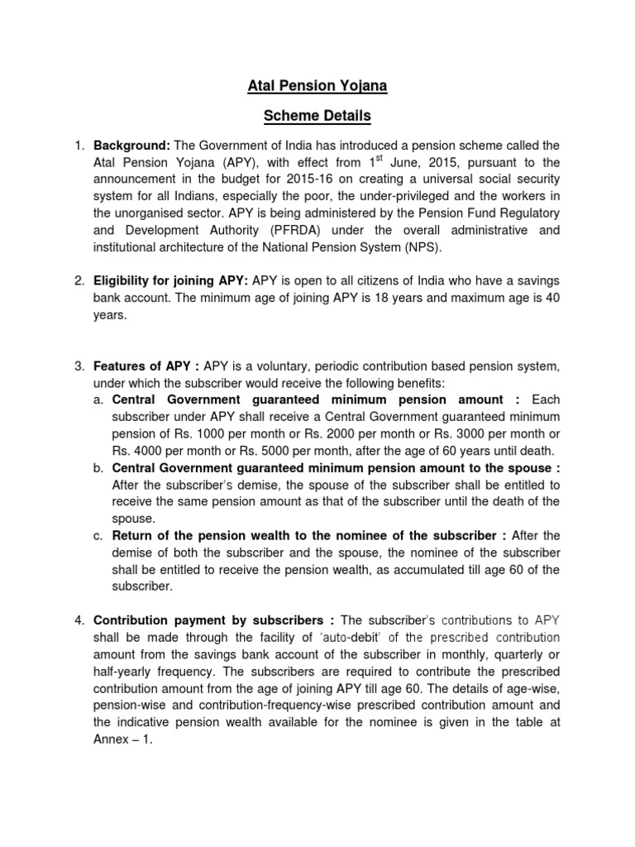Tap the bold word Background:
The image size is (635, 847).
click(x=131, y=146)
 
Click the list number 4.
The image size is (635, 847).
click(x=79, y=620)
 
